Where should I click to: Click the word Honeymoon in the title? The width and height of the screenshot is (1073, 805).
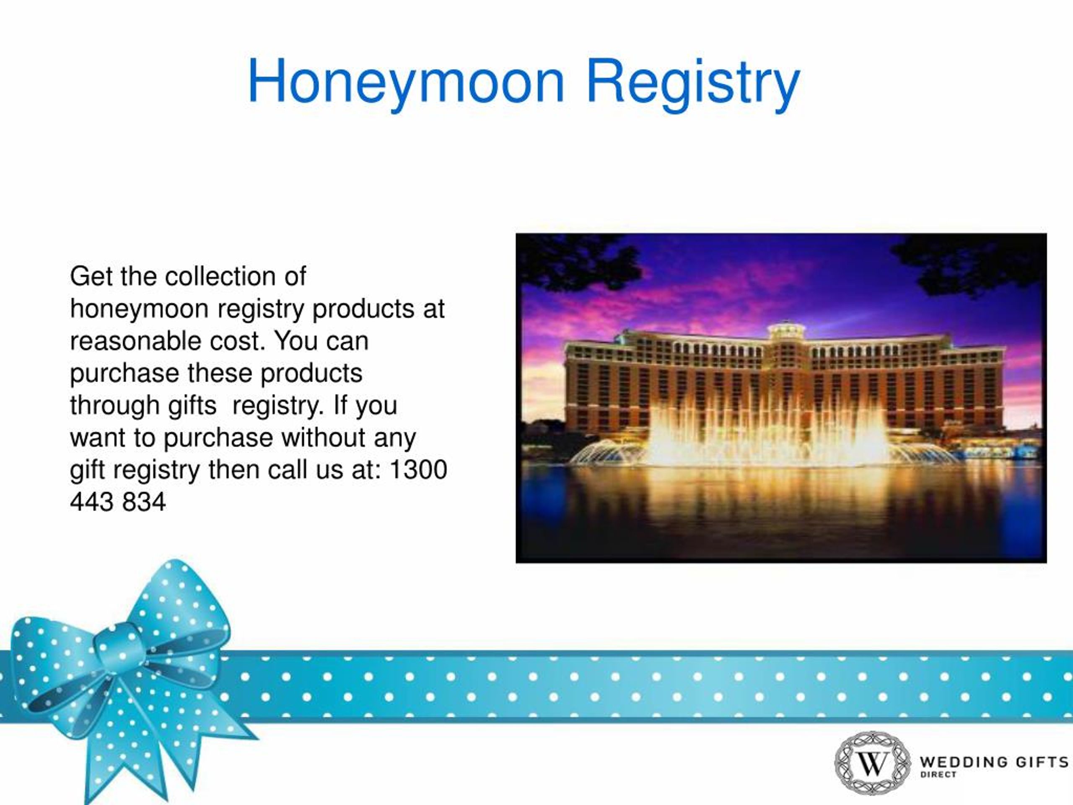(x=406, y=81)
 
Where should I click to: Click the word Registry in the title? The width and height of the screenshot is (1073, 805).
(x=693, y=81)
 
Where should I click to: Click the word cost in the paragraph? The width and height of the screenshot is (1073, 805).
(x=236, y=341)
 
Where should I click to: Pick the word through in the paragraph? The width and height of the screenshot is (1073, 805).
(x=114, y=406)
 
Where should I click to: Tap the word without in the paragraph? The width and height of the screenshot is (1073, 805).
(x=323, y=438)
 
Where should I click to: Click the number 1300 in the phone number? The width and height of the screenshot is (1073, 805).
(x=418, y=470)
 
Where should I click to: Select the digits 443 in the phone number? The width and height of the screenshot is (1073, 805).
(x=92, y=502)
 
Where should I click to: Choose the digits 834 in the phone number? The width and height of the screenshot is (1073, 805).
(x=144, y=502)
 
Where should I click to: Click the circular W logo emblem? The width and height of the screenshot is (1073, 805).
(x=873, y=763)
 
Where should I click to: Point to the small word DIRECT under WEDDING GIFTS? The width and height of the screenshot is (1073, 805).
(x=938, y=775)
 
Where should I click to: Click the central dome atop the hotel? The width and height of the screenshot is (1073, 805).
(x=786, y=330)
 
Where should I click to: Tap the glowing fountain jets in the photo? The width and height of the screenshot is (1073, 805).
(x=767, y=432)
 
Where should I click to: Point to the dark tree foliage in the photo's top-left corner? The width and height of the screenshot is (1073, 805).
(x=573, y=262)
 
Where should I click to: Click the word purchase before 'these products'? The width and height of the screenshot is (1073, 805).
(x=124, y=374)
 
